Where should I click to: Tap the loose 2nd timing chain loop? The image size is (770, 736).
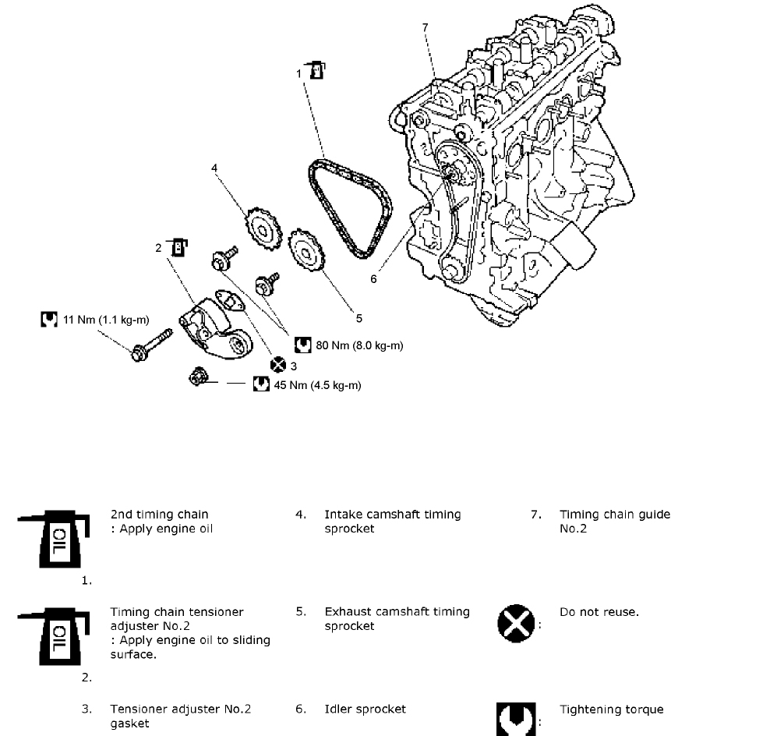[x=351, y=207]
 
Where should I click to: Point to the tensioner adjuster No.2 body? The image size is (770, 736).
[x=210, y=327]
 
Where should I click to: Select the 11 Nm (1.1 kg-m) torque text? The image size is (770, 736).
[x=105, y=320]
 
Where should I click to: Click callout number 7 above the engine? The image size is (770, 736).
[x=426, y=27]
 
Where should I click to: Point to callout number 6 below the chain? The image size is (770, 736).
[x=373, y=278]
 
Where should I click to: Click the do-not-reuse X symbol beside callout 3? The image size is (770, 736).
[x=278, y=364]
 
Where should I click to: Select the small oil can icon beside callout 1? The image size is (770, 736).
[x=315, y=69]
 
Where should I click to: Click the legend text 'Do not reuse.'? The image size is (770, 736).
[x=599, y=612]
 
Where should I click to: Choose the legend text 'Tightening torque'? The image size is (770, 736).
[x=611, y=709]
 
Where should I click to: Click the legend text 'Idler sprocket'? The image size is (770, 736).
[x=365, y=709]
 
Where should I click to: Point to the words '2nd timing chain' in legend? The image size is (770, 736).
[x=159, y=515]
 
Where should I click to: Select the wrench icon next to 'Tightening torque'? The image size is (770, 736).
[x=516, y=717]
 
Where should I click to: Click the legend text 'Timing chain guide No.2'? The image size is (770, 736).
[x=614, y=522]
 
